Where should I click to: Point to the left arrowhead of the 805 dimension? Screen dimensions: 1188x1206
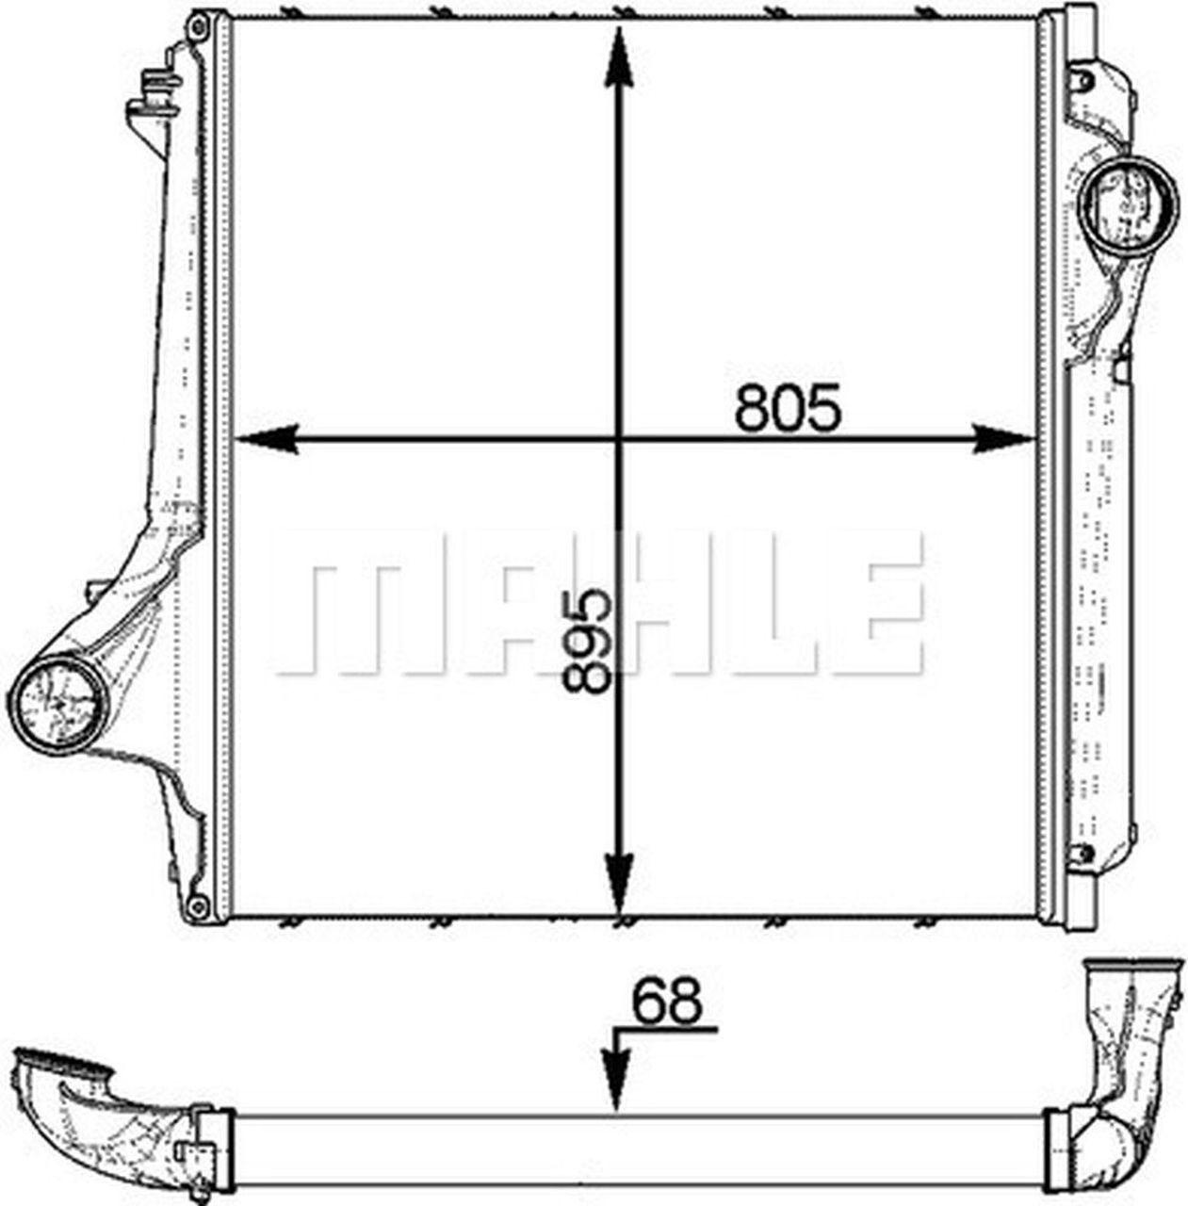tap(265, 439)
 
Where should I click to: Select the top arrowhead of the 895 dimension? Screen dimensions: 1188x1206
tap(619, 57)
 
